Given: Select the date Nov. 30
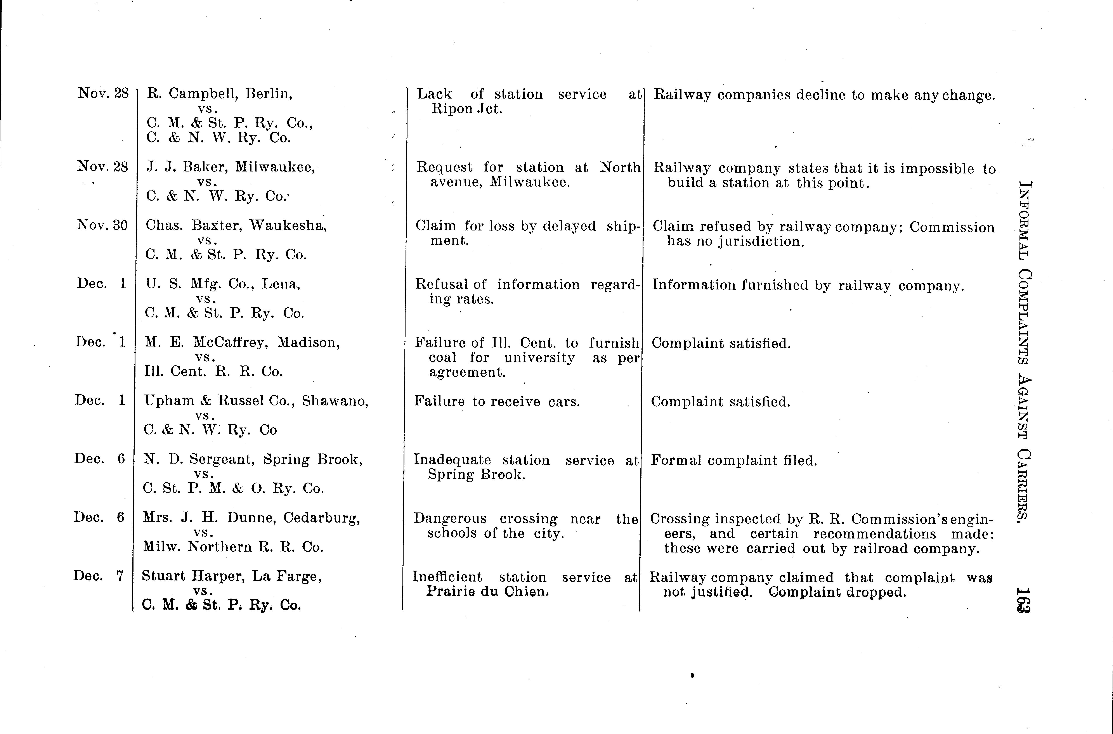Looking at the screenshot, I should pyautogui.click(x=102, y=226).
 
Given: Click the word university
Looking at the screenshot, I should pyautogui.click(x=539, y=358).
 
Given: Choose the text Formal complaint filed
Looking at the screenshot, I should pyautogui.click(x=734, y=461).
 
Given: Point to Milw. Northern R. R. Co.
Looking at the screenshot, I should pyautogui.click(x=233, y=547).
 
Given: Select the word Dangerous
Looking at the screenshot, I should pyautogui.click(x=450, y=519).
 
